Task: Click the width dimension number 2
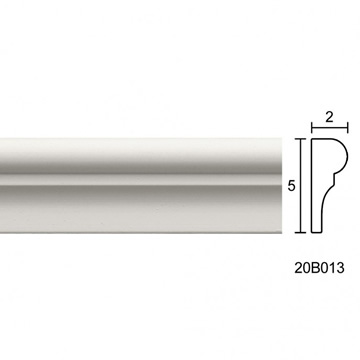329,117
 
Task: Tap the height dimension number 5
292,186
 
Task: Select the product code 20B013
319,267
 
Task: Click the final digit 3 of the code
340,267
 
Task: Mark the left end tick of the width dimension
312,128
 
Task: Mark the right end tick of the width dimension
348,128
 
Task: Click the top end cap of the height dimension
301,139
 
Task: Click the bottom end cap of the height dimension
301,232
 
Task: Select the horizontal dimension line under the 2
330,128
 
